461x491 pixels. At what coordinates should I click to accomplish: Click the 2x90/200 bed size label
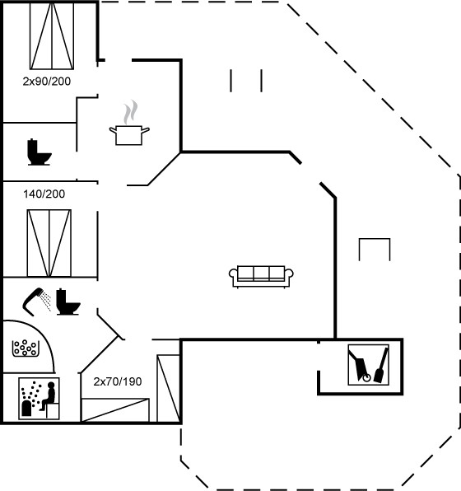[x=47, y=82]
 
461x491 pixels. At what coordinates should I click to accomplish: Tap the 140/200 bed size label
[x=44, y=194]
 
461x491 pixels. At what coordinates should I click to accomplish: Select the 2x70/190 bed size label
[x=118, y=381]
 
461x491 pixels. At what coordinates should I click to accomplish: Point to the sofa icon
[x=261, y=277]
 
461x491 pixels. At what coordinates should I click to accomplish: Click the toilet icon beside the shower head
[x=68, y=302]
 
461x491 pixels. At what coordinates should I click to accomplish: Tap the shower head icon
[x=36, y=302]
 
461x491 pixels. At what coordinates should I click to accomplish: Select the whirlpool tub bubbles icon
[x=26, y=348]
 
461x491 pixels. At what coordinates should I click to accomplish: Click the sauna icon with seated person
[x=40, y=398]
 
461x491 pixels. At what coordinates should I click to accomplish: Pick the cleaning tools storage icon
[x=368, y=365]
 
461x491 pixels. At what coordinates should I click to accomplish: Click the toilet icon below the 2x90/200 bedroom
[x=40, y=152]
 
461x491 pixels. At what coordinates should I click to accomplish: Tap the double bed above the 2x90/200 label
[x=52, y=35]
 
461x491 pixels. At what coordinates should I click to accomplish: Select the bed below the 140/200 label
[x=49, y=243]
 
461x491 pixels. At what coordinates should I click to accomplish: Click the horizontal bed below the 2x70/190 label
[x=115, y=410]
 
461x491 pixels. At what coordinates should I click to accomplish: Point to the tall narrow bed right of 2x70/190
[x=168, y=388]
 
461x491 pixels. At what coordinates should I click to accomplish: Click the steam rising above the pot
[x=130, y=112]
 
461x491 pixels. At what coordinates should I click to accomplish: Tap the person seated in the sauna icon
[x=49, y=395]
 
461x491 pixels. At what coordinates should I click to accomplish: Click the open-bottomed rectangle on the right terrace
[x=375, y=239]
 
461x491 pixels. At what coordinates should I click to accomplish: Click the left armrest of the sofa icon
[x=233, y=274]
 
